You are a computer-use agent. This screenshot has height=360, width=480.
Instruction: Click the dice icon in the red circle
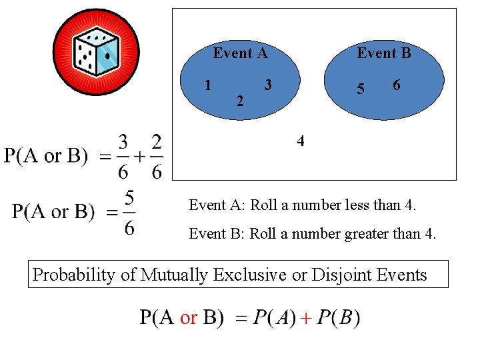96,52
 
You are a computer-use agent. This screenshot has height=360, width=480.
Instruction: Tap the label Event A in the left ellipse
240,53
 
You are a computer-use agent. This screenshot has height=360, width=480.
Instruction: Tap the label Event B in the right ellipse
384,53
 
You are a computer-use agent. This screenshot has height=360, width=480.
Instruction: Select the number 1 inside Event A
209,85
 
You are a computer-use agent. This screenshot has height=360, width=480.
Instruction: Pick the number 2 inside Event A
240,101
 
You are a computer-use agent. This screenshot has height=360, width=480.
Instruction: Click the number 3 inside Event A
267,85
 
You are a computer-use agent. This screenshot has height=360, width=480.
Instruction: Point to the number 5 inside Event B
361,89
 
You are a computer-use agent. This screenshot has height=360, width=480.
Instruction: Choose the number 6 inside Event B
397,85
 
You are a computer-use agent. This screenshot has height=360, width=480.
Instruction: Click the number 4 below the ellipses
301,141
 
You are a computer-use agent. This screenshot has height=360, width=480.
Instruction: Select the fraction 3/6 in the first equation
123,157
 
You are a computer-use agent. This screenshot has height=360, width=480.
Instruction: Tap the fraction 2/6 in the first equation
157,157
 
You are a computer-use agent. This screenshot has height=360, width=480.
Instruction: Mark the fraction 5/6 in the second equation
129,213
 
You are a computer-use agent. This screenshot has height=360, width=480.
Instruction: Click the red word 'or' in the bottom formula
189,317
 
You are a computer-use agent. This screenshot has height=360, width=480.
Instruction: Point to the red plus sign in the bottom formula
305,318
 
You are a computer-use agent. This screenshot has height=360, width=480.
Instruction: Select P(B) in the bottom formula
339,318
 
